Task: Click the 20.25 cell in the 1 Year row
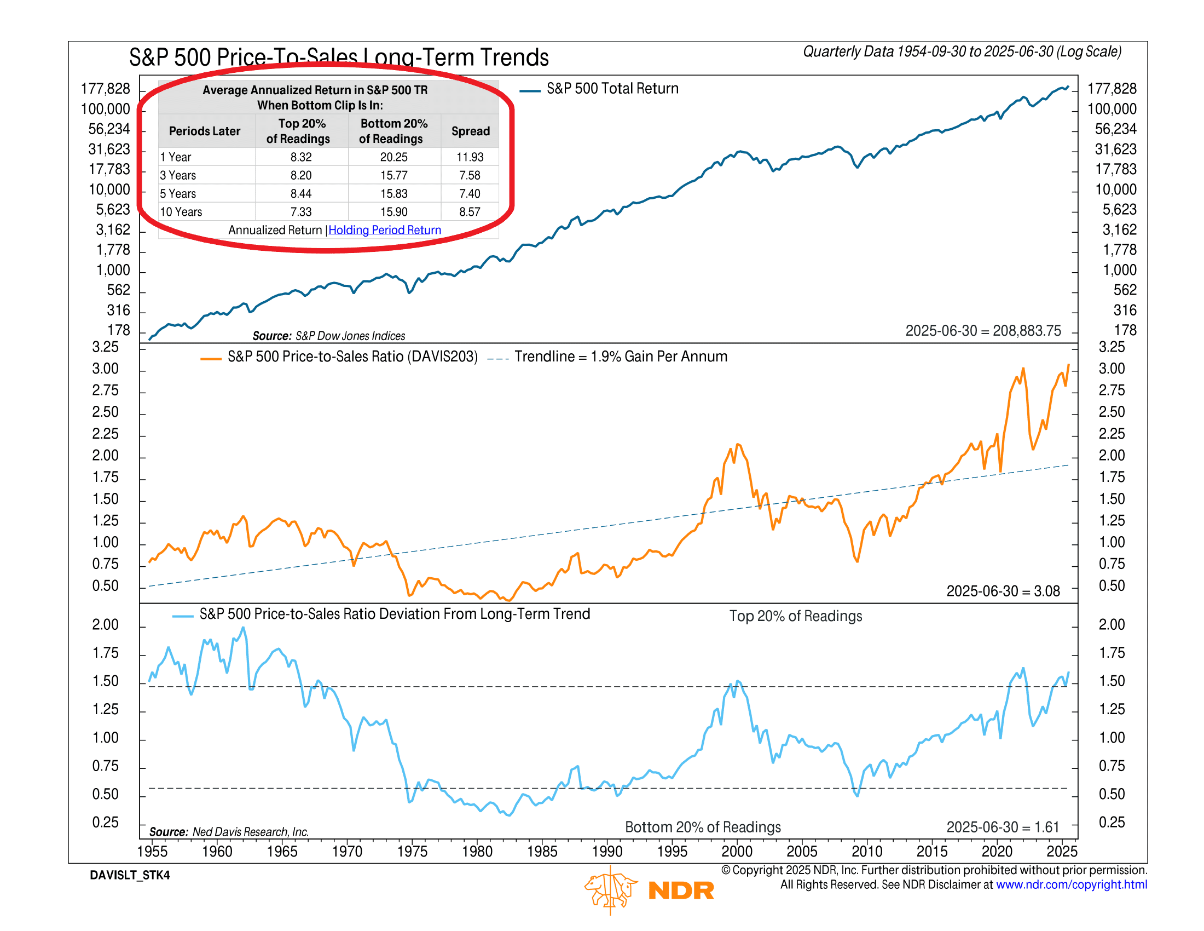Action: click(x=393, y=157)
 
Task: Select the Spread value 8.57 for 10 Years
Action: click(x=470, y=212)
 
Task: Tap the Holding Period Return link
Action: click(x=385, y=230)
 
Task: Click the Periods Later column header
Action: click(x=205, y=131)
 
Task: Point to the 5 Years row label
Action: click(x=178, y=193)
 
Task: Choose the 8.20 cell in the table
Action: click(x=301, y=175)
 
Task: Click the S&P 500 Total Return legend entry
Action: click(x=612, y=89)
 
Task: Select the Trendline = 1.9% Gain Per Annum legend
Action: click(x=620, y=357)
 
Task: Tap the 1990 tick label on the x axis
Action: click(x=607, y=851)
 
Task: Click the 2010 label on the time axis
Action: click(x=867, y=851)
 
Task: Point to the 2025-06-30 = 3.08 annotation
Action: click(x=1003, y=591)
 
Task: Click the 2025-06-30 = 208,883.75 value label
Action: click(x=983, y=331)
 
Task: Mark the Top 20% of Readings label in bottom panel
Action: click(x=796, y=616)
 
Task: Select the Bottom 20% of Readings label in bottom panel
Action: click(x=703, y=827)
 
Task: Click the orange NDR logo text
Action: click(x=681, y=890)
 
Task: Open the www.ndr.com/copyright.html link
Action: click(x=1071, y=884)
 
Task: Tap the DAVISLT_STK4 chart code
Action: click(x=130, y=875)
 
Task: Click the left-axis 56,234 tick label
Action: click(x=109, y=129)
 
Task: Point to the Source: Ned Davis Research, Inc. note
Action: click(x=229, y=832)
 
